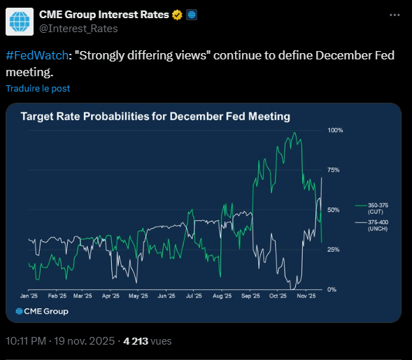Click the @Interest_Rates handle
[x=78, y=29]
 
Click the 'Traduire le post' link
[x=38, y=89]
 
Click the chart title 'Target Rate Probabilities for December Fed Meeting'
[x=155, y=116]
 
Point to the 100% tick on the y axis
[x=334, y=131]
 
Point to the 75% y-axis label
[x=334, y=170]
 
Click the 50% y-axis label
[x=334, y=210]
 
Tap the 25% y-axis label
[x=334, y=250]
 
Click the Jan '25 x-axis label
[x=29, y=296]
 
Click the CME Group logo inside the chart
[x=41, y=311]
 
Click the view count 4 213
[x=136, y=341]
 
